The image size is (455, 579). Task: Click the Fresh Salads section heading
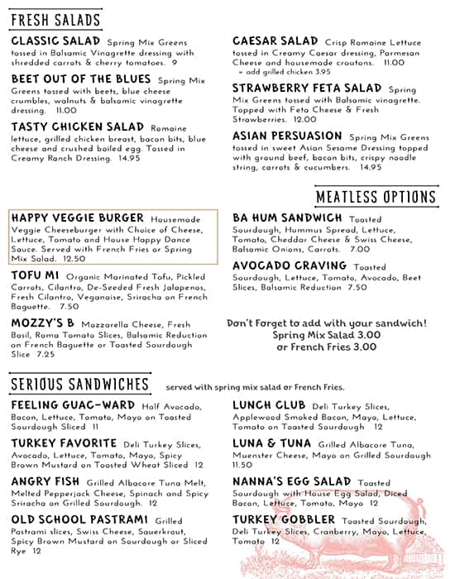coord(56,20)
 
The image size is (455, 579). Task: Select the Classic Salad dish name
coord(55,41)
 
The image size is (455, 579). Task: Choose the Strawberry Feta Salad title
coord(307,88)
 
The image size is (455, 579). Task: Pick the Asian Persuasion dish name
coord(286,136)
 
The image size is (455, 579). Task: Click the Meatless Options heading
coord(376,197)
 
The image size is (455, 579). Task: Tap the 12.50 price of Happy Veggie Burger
coord(74,258)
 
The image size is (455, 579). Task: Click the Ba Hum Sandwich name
coord(287,218)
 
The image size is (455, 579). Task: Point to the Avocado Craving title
coord(290,266)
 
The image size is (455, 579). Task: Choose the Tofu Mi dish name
coord(35,274)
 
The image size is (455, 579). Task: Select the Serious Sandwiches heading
coord(79,385)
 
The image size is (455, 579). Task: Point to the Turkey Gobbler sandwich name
coord(285,520)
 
